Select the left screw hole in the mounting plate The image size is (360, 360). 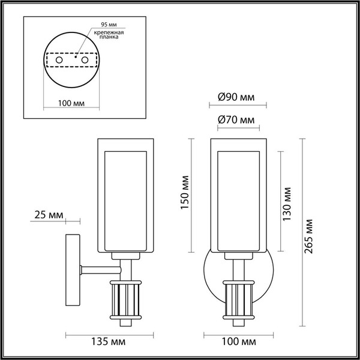(59, 61)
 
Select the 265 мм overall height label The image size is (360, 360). (310, 234)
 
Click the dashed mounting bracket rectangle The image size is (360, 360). (71, 61)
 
